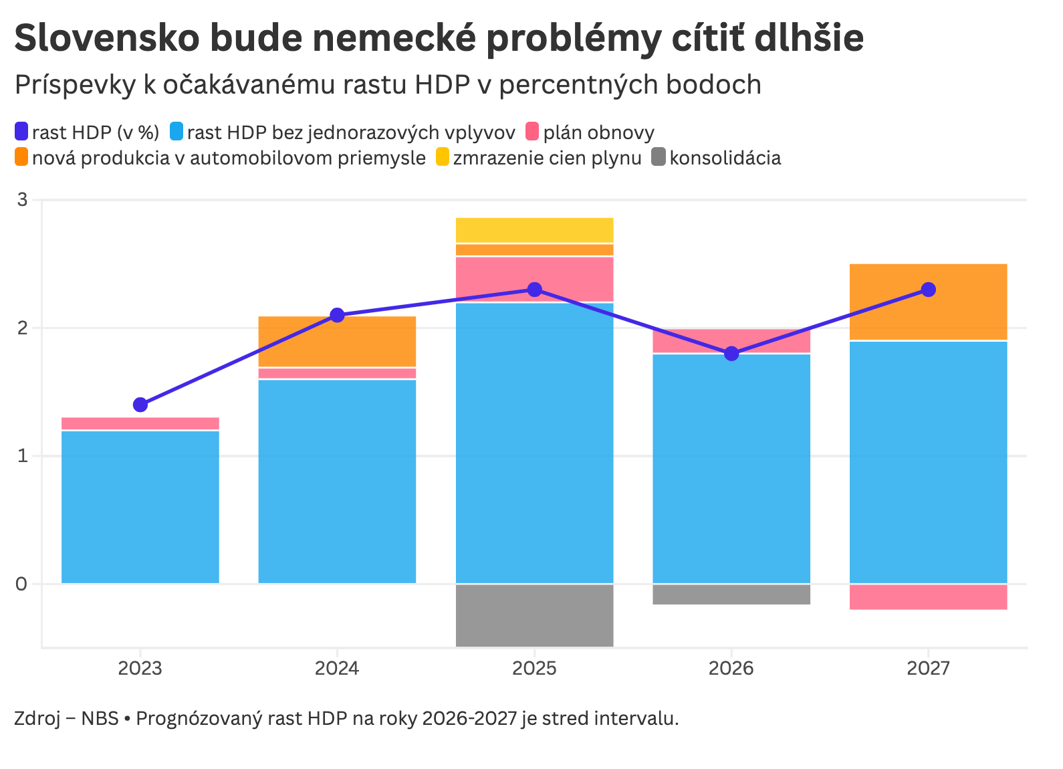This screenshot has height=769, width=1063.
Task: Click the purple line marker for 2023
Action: tap(140, 405)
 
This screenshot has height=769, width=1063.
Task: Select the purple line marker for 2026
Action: tap(731, 353)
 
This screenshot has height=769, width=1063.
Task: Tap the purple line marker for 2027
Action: tap(928, 290)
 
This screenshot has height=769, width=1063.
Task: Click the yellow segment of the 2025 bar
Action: tap(534, 230)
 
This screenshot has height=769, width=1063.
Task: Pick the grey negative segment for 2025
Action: tap(534, 615)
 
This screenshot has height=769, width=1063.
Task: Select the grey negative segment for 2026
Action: tap(731, 594)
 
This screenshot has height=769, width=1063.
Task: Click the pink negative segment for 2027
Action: tap(928, 597)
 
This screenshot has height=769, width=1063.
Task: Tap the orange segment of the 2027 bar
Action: tap(928, 302)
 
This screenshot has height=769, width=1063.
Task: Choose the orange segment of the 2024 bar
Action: tap(337, 341)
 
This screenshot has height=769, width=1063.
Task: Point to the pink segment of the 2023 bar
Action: tap(140, 423)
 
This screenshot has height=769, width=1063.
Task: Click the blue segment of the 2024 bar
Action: tap(337, 481)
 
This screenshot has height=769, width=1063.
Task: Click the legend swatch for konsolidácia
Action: tap(659, 158)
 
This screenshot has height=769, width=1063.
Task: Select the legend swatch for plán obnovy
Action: tap(532, 132)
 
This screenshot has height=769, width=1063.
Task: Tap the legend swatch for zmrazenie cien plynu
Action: tap(443, 158)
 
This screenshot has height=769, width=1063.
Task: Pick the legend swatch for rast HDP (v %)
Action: tap(21, 132)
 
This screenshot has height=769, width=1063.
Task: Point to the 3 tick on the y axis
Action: tap(22, 200)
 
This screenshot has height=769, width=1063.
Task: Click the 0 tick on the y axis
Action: tap(22, 584)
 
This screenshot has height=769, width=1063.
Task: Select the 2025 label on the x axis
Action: tap(534, 669)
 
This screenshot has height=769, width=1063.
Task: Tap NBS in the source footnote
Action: tap(100, 719)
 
